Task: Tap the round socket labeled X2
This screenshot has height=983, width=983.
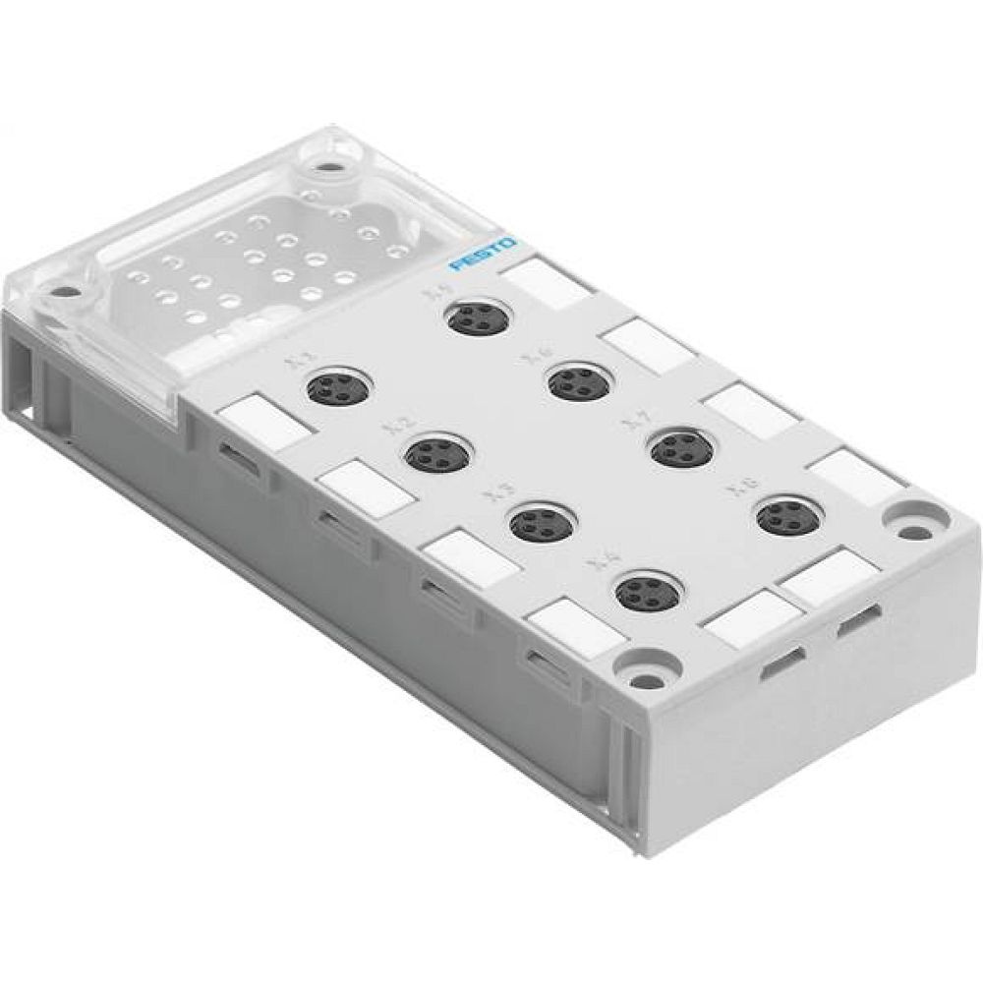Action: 435,453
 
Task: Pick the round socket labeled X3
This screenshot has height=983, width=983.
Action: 541,523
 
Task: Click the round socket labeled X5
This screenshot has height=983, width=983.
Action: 476,318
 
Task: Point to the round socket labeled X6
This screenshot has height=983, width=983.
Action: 577,381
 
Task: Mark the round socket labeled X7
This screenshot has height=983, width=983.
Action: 681,448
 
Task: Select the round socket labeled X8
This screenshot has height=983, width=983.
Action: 787,516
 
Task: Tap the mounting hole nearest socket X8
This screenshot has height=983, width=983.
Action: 914,532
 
